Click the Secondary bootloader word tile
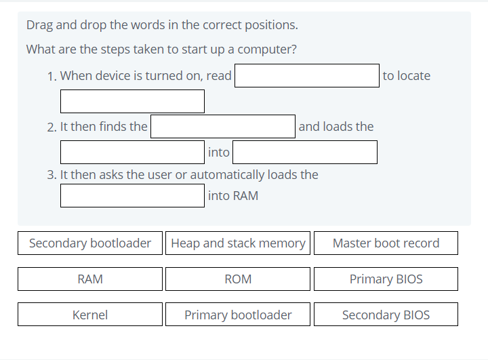tap(90, 243)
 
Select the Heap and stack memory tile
tap(238, 243)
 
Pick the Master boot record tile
tap(386, 243)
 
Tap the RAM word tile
tap(90, 279)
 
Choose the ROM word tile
tap(238, 279)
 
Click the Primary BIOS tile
tap(386, 279)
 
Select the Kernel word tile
tap(90, 315)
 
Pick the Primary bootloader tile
tap(238, 315)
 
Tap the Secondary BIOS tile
tap(386, 315)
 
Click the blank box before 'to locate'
tap(307, 76)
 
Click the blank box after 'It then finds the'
tap(223, 127)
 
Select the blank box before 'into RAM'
tap(132, 196)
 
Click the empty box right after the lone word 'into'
tap(305, 153)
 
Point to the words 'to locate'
tap(406, 76)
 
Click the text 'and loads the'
tap(335, 127)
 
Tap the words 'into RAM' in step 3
tap(233, 196)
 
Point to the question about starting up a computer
tap(161, 49)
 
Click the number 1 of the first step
tap(52, 77)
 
